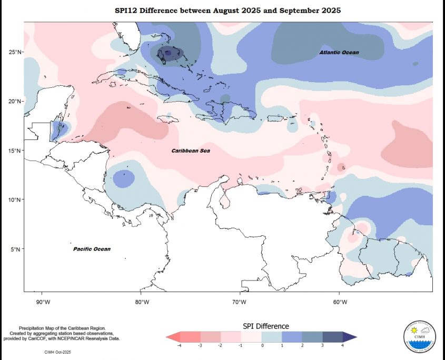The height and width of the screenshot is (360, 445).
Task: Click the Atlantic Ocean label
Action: (339, 53)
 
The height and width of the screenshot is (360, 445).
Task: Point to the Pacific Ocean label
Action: (92, 249)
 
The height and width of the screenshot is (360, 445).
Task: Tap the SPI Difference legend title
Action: (265, 326)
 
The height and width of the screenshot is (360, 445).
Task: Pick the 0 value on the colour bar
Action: (262, 346)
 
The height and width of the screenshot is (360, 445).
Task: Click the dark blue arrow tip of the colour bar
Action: (353, 336)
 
